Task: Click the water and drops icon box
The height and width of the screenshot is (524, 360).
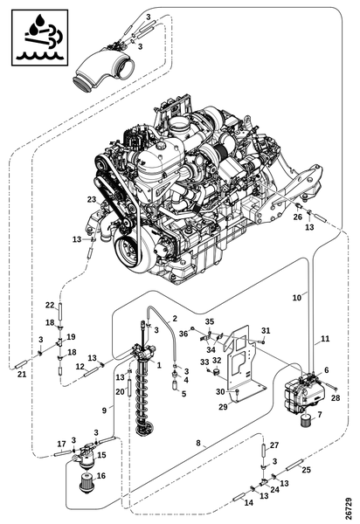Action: coord(40,38)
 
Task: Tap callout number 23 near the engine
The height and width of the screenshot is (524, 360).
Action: coord(92,199)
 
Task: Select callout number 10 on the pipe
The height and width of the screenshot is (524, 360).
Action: coord(297,298)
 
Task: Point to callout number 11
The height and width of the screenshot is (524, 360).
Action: coord(325,339)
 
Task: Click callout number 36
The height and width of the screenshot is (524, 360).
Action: coord(183,334)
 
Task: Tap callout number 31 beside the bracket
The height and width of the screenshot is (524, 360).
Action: coord(266,330)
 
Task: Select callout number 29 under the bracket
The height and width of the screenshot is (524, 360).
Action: coord(223,406)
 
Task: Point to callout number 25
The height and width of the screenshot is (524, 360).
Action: coord(306,470)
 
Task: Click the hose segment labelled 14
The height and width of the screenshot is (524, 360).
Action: coord(239,498)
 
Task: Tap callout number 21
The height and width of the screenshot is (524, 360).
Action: coord(22,375)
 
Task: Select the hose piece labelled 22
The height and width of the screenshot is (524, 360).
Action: coord(60,311)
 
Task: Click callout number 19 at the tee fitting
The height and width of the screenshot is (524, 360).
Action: coord(71,336)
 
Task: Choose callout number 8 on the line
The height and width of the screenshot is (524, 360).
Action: coord(198,443)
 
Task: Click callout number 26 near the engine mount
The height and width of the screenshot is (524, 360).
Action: coord(297,217)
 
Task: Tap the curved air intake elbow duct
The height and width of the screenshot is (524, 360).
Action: coord(103,70)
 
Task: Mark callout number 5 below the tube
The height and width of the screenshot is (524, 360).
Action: coord(183,394)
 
